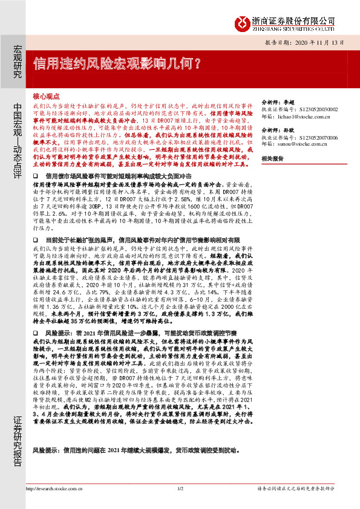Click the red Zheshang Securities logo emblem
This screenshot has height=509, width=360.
[242, 22]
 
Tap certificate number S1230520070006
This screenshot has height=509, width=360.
[316, 137]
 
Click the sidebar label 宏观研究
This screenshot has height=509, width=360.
[17, 60]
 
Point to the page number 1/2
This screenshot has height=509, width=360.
[180, 488]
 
